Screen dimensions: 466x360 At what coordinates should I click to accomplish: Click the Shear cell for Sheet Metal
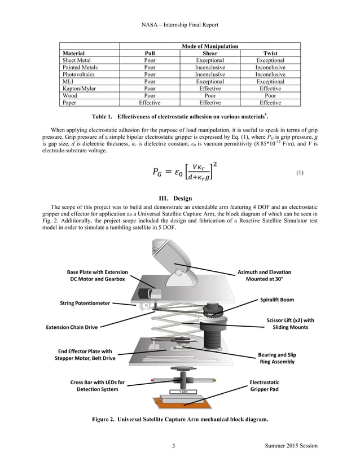click(x=210, y=60)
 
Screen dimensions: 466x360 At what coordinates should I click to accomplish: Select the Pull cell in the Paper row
click(x=150, y=103)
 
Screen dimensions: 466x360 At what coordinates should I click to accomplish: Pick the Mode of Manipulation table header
click(x=210, y=46)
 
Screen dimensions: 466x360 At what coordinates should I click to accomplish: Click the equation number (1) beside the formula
click(x=300, y=173)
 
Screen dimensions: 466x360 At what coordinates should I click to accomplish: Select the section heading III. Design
click(x=180, y=199)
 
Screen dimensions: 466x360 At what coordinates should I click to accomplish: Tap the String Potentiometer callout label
click(x=85, y=303)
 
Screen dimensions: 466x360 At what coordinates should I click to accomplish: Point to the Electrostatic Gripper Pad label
click(x=264, y=385)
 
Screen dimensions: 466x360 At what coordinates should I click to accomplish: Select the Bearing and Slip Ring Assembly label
click(x=276, y=358)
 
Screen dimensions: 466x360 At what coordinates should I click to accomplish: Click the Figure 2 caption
click(x=180, y=419)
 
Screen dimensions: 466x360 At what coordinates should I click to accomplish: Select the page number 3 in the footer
click(x=174, y=446)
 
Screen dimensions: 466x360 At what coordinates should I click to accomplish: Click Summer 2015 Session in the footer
click(x=291, y=446)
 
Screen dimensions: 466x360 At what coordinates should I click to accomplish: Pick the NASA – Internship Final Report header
click(x=180, y=25)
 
